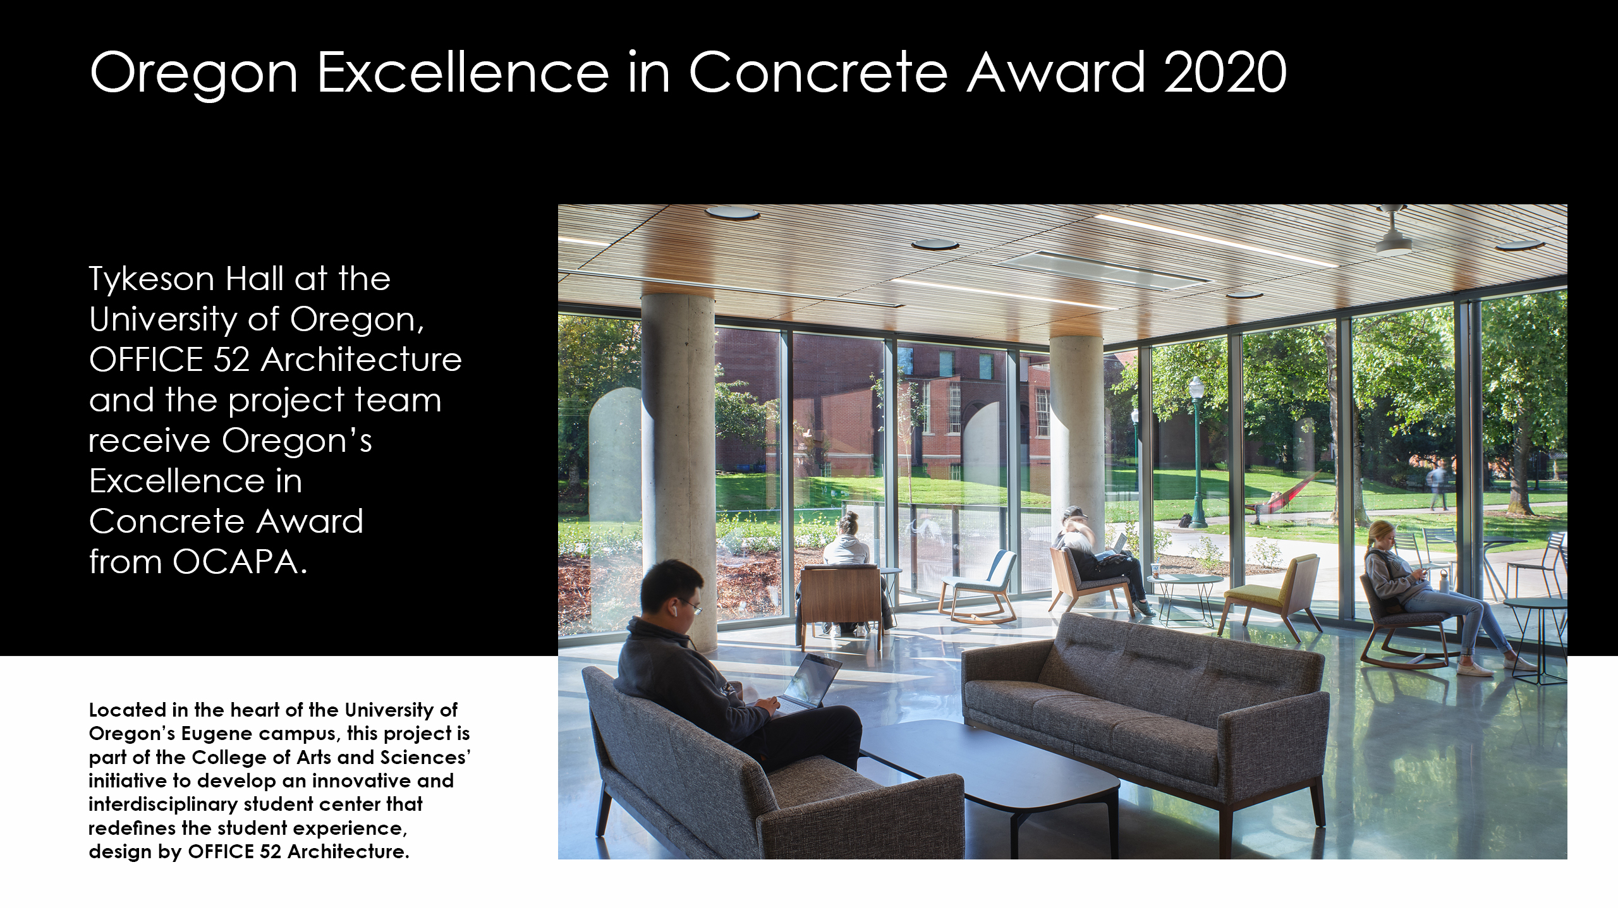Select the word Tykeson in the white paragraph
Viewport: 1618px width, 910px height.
(152, 279)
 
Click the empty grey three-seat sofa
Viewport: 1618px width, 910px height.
(1144, 708)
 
